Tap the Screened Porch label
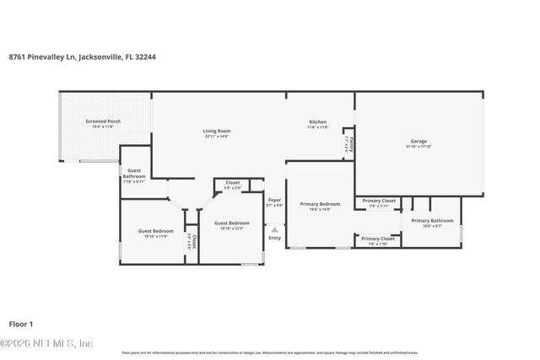point(102,121)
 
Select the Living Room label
point(217,131)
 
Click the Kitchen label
point(317,122)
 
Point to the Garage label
point(418,141)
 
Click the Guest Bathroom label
point(134,173)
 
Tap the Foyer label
point(274,200)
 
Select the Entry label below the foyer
point(274,238)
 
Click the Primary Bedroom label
point(320,204)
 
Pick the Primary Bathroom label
point(432,220)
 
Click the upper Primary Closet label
point(378,201)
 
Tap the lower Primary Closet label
point(378,239)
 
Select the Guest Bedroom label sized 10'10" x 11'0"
point(156,231)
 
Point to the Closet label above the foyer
point(232,182)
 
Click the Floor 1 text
point(20,323)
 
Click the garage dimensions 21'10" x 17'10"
point(418,147)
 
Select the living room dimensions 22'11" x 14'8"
point(217,137)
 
